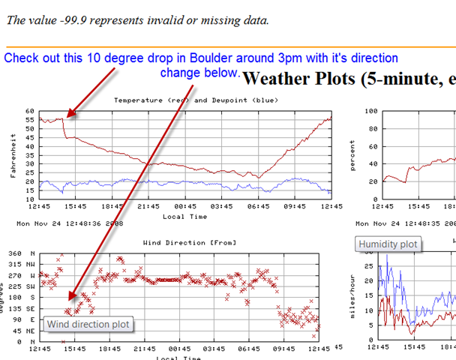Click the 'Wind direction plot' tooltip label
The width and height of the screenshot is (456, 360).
click(87, 325)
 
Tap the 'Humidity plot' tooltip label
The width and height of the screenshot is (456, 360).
click(388, 244)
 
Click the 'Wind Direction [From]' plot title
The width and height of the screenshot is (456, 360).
click(184, 242)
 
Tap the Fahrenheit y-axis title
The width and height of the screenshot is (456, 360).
click(12, 154)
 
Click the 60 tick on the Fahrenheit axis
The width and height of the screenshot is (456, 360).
click(30, 111)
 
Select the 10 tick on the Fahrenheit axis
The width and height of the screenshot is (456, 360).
click(30, 199)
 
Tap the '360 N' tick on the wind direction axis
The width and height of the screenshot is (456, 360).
click(25, 254)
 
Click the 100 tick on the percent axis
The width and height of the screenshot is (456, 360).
click(370, 111)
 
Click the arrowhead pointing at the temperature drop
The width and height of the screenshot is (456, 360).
click(69, 115)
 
